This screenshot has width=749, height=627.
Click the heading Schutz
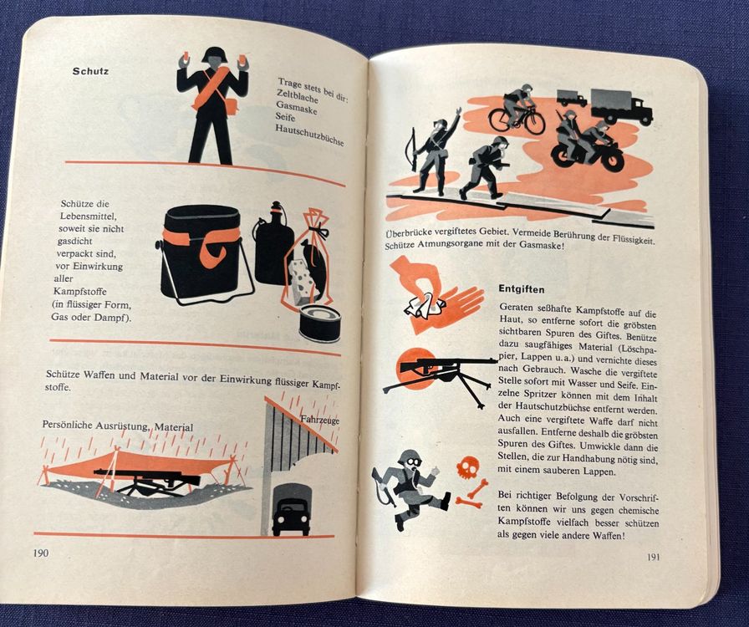point(91,71)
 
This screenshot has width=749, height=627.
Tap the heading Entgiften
point(522,289)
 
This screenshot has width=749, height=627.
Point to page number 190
point(41,553)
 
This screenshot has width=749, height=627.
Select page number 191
point(653,557)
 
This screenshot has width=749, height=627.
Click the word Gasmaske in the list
point(297,108)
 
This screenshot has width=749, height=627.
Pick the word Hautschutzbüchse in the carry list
point(309,135)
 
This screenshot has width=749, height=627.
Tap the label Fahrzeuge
point(320,420)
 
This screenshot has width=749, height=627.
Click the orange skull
point(466,470)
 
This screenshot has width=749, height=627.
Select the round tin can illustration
point(319,324)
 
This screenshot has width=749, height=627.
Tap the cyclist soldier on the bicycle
point(517,111)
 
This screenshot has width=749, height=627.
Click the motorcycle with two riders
point(587,142)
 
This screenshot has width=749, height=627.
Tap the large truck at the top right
point(621,106)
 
